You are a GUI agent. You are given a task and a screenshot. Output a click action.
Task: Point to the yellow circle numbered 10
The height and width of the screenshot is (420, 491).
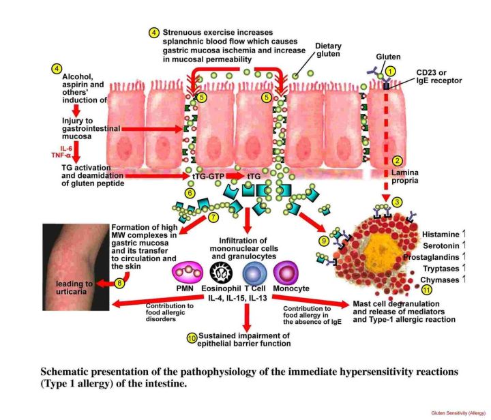click(192, 337)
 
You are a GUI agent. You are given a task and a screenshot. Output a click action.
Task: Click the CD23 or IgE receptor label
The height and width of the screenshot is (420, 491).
click(438, 76)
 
